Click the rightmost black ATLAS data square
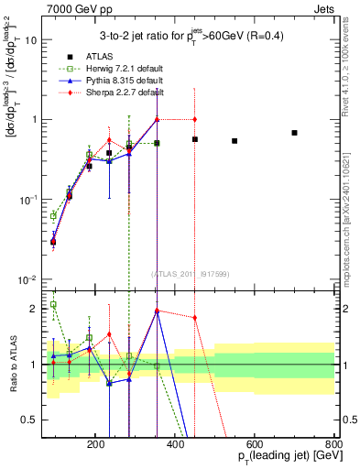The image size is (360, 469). (x=294, y=133)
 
